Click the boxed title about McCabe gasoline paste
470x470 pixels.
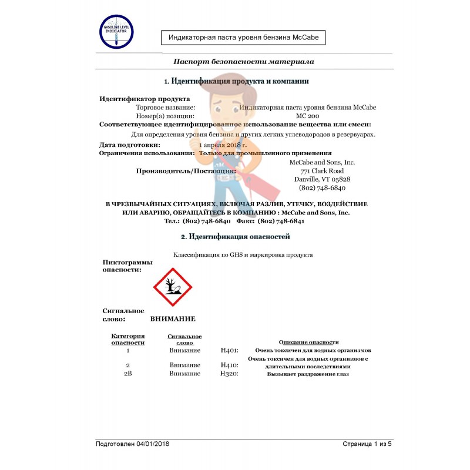tap(243, 38)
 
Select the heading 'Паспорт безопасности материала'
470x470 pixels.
tap(243, 62)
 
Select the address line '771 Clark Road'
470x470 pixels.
tap(321, 170)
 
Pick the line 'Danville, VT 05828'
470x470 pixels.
tap(321, 179)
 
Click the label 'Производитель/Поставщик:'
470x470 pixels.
tap(186, 171)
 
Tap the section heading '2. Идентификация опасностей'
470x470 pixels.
tap(235, 236)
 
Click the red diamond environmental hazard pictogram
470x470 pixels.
tap(173, 287)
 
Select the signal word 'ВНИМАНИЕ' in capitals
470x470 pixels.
tap(173, 319)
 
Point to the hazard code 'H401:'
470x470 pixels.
tap(229, 350)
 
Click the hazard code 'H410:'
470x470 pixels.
tap(229, 365)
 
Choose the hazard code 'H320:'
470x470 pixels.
tap(229, 374)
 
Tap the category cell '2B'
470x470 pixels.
tap(127, 374)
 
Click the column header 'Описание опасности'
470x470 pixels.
tap(308, 342)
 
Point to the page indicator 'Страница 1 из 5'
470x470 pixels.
tap(367, 444)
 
